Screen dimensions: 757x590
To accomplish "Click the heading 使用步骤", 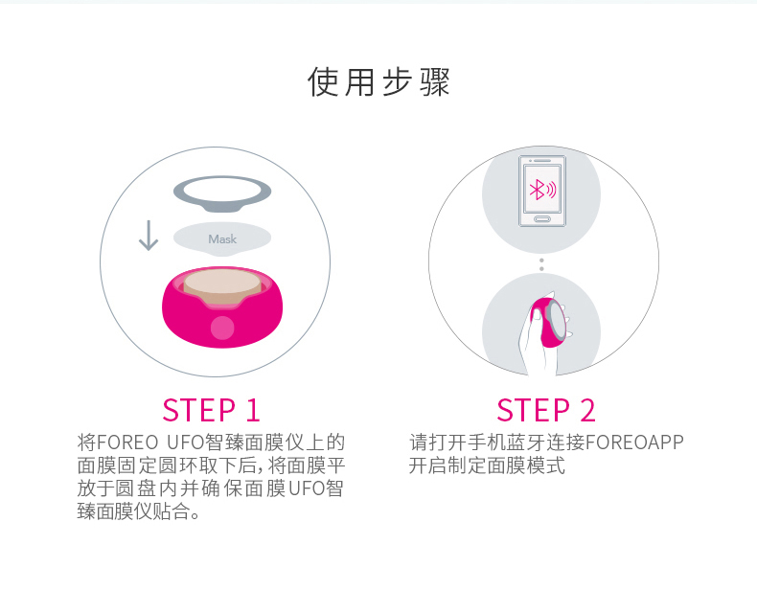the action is (378, 81).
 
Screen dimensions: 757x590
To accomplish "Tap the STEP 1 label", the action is (211, 411).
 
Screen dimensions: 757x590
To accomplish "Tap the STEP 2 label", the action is (545, 411).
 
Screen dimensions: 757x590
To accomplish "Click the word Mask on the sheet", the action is (222, 238).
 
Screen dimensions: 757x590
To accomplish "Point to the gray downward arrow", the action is (149, 236).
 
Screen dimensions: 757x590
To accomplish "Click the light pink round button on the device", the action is (222, 328).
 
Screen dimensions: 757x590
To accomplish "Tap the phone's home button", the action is (542, 219).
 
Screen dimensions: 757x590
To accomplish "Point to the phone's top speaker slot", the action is (543, 161).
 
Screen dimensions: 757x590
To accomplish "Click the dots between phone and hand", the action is (541, 264).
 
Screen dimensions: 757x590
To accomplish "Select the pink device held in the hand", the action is (548, 322).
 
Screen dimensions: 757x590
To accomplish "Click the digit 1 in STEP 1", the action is (253, 411).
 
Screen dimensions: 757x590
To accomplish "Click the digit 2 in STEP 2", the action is (587, 411).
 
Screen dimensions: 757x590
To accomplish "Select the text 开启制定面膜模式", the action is (487, 465).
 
